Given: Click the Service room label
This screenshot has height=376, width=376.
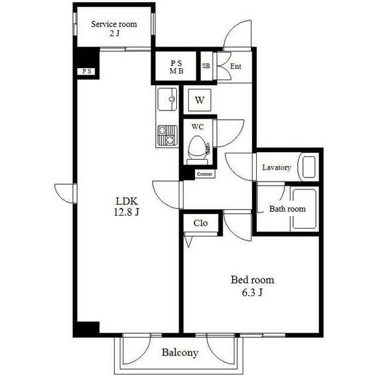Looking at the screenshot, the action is (114, 24).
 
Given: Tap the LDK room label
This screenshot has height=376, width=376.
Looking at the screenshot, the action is (127, 201).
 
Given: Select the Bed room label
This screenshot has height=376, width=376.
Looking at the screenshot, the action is (252, 280).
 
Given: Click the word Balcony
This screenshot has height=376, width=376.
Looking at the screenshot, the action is (180, 352).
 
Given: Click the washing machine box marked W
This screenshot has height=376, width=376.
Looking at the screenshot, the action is (200, 100).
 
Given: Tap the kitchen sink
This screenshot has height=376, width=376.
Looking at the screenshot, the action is (167, 99).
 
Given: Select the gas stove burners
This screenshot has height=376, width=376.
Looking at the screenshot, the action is (167, 136).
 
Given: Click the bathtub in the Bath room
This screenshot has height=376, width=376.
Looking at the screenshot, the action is (304, 209).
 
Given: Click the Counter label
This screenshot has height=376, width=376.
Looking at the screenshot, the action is (204, 174).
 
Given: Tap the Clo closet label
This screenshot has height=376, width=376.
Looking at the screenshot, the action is (200, 223).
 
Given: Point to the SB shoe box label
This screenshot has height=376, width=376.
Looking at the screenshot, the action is (206, 66).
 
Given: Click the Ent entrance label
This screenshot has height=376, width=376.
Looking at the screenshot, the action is (236, 66).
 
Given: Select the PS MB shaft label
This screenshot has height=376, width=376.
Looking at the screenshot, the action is (176, 67).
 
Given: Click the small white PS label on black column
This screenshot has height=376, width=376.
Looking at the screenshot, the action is (87, 71).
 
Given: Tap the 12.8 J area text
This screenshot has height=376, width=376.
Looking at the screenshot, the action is (127, 212).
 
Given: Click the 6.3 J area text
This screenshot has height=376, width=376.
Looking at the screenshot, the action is (252, 293).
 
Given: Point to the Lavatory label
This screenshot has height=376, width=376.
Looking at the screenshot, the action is (277, 167).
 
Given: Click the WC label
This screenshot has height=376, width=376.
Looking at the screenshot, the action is (197, 127).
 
